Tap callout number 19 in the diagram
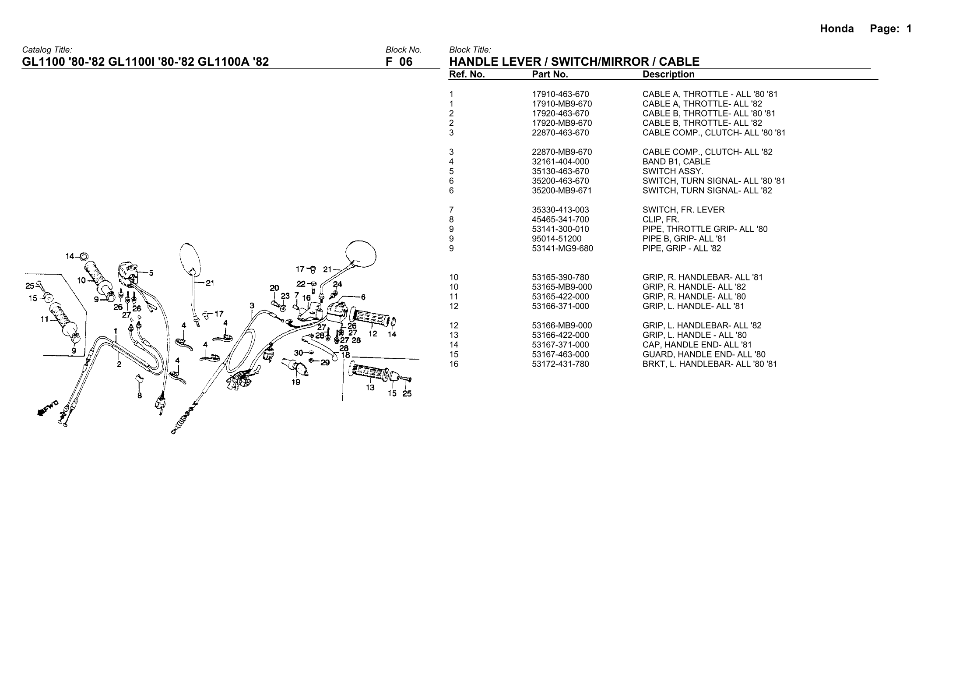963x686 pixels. [296, 382]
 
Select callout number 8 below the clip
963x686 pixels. [139, 395]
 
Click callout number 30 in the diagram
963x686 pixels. [298, 352]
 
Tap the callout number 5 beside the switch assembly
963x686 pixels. [151, 272]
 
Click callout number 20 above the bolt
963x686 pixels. [274, 288]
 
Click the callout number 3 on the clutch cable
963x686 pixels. [252, 305]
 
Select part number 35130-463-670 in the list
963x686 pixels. [560, 171]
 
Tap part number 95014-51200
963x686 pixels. [556, 239]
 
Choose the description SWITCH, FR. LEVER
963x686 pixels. [683, 210]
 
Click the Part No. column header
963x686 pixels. [550, 74]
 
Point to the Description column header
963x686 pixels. [668, 74]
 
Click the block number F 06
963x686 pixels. [399, 62]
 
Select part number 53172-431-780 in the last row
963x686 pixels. [560, 364]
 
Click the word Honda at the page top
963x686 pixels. [836, 29]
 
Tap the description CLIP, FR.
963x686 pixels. [661, 219]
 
